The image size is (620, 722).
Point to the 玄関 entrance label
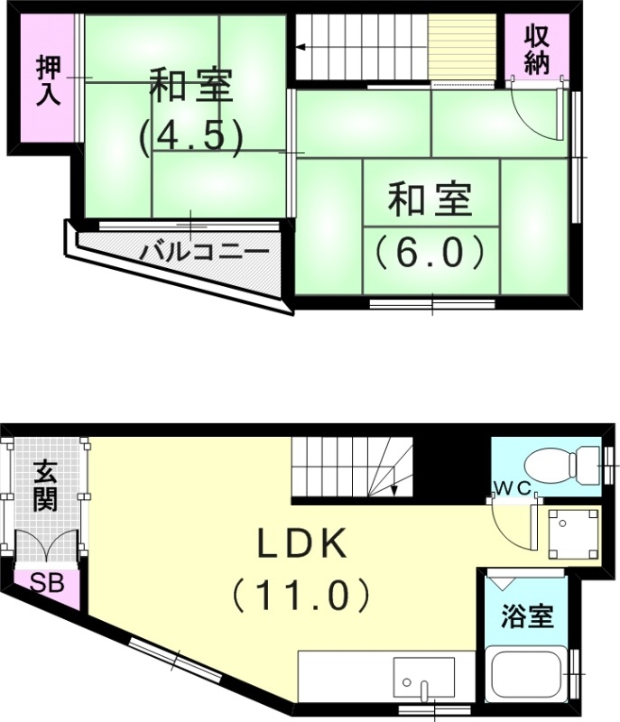(46, 486)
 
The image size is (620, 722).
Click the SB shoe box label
(48, 583)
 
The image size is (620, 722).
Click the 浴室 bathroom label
(528, 617)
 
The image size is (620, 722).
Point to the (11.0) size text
(301, 595)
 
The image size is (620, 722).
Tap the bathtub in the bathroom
(527, 674)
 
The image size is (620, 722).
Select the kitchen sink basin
(423, 678)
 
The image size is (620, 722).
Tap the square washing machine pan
(573, 532)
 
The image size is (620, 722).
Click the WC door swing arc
(510, 523)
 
